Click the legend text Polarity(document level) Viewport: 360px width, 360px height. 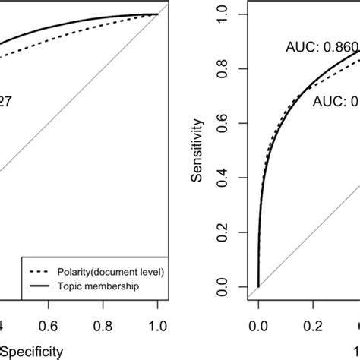point(96,270)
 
